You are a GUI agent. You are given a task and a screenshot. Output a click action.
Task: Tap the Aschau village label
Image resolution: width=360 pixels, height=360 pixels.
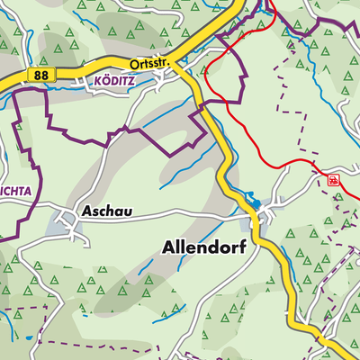[106, 212]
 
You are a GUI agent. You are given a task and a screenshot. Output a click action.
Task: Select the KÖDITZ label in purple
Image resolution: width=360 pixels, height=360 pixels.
[113, 81]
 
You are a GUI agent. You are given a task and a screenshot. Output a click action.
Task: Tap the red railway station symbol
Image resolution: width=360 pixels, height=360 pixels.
[334, 180]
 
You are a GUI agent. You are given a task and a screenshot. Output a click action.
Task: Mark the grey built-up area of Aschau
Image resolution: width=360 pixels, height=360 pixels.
[65, 222]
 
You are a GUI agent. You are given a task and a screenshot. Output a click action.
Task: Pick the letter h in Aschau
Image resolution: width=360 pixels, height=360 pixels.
[110, 212]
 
